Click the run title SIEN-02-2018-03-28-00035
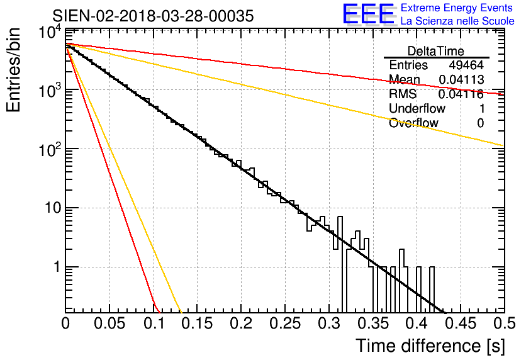pos(153,16)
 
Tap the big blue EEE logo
pos(368,14)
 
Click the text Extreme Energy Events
pos(457,8)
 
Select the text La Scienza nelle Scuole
pos(457,21)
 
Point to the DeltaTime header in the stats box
pos(436,51)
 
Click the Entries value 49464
pos(466,65)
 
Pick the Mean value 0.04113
pos(461,80)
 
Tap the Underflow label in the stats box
pos(417,109)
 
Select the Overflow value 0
pos(480,123)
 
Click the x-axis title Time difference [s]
pos(429,346)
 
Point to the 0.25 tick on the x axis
pos(285,323)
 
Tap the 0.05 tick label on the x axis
pos(109,323)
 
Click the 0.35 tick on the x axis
pos(372,323)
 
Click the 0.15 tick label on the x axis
pos(197,323)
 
